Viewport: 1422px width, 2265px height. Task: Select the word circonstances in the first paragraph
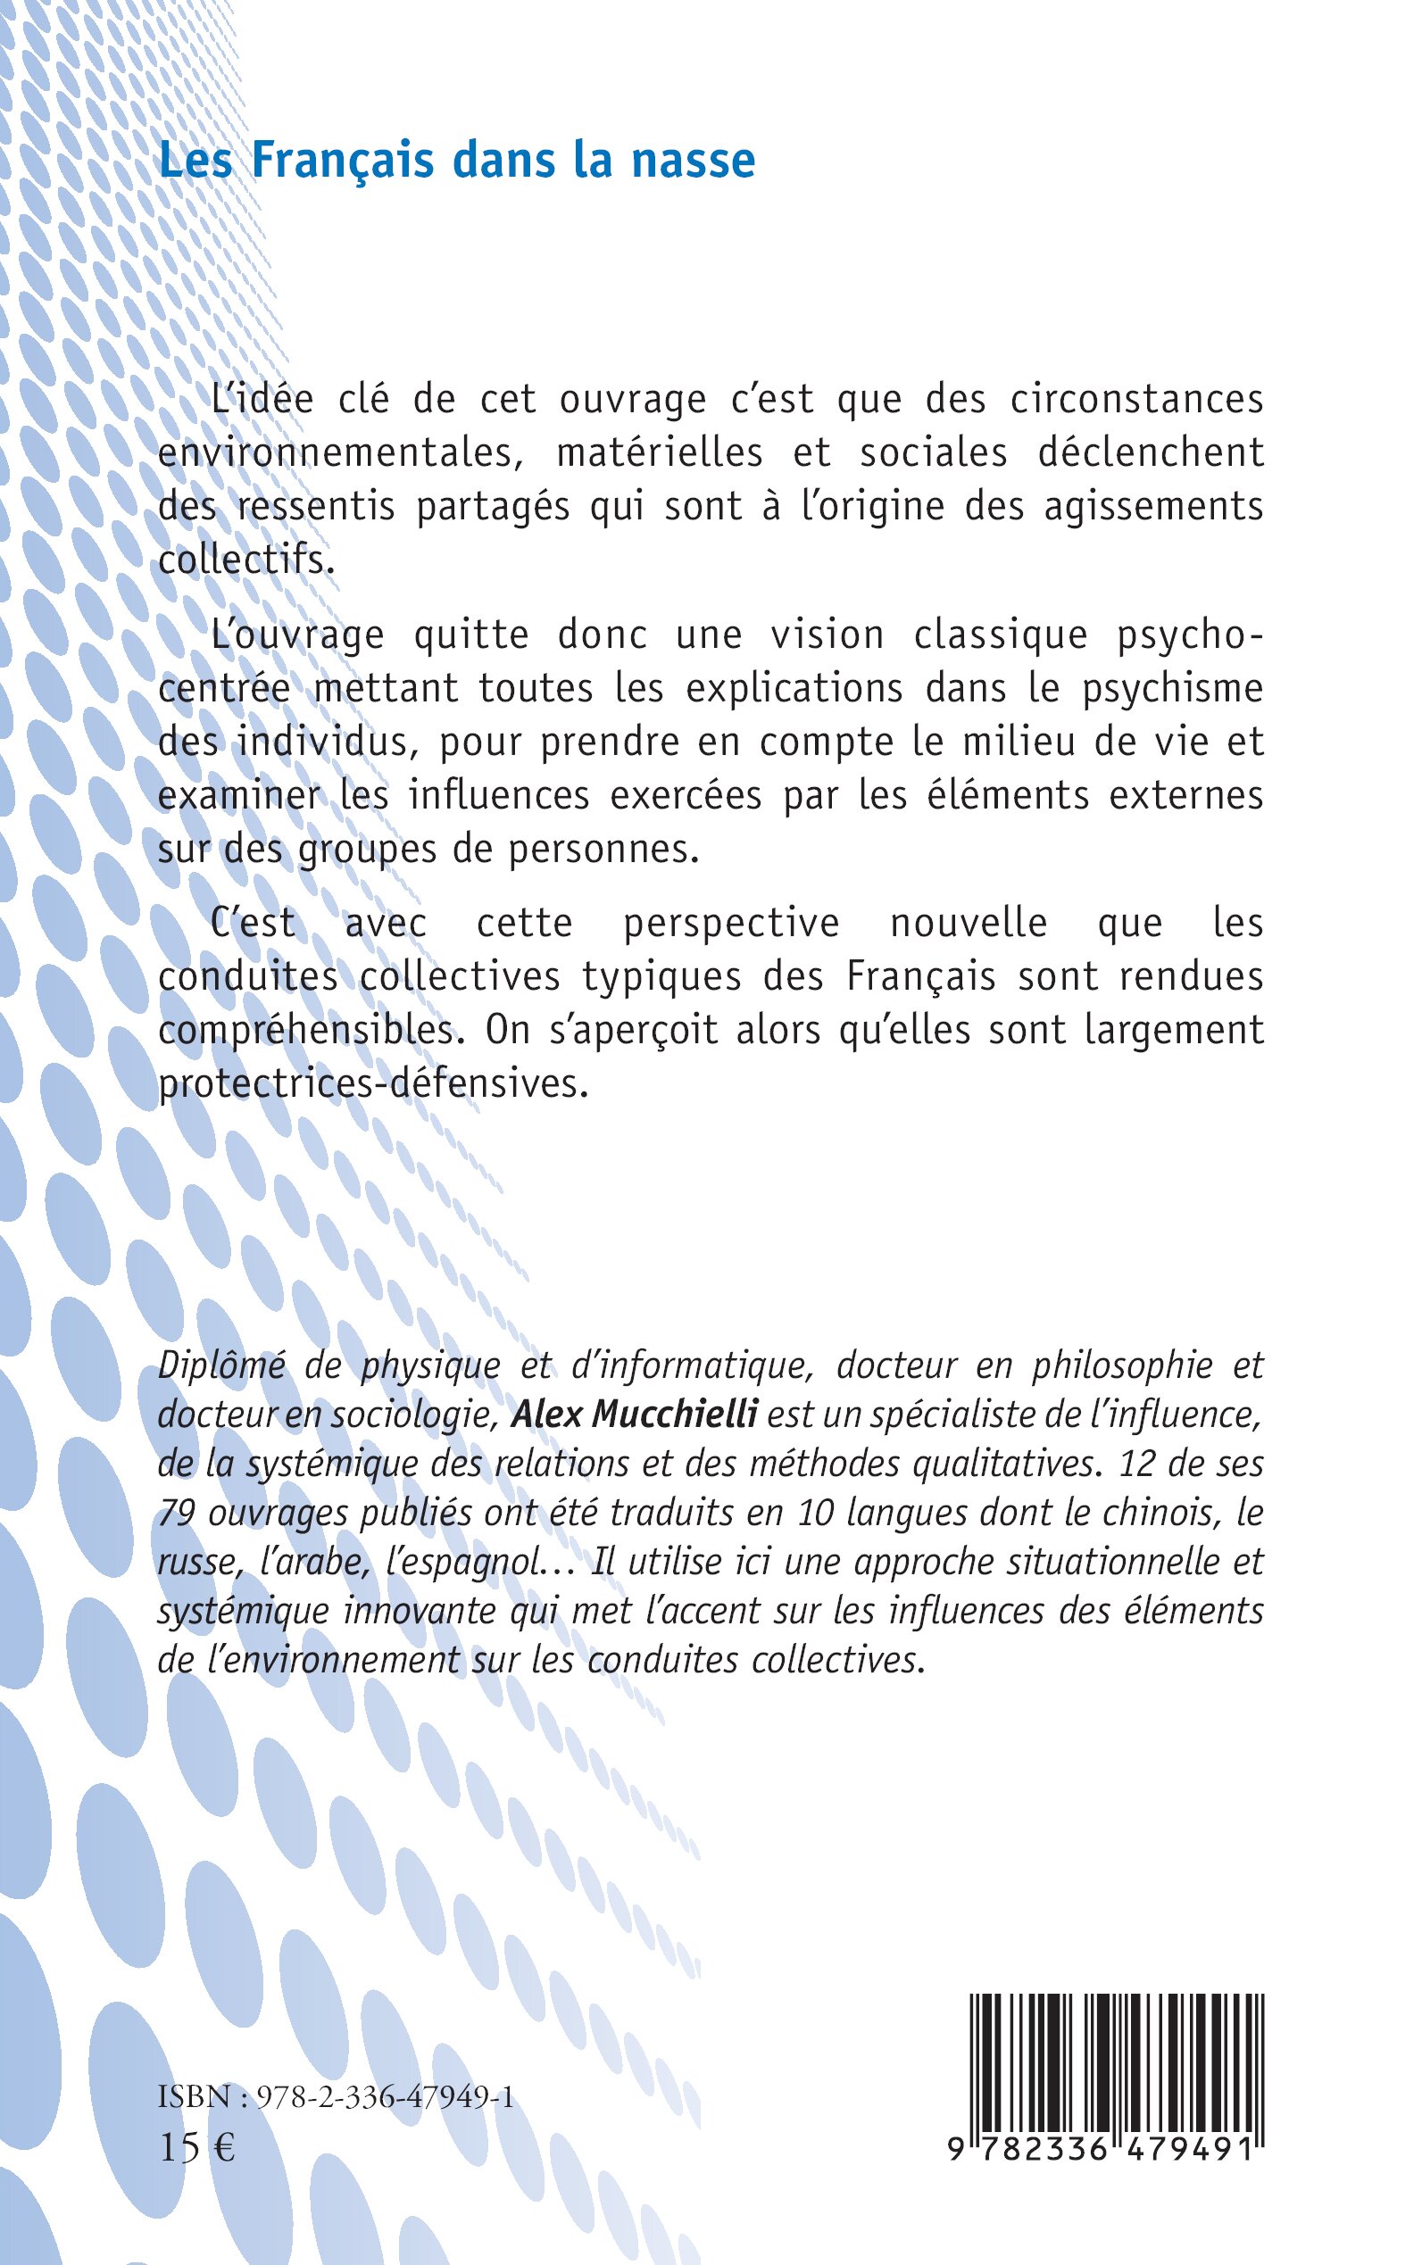coord(1136,400)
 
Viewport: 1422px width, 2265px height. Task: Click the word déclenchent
coord(1151,453)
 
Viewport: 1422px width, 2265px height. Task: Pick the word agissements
coord(1153,507)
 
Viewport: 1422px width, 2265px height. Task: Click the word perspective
coord(731,924)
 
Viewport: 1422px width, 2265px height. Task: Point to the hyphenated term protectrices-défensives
coord(373,1084)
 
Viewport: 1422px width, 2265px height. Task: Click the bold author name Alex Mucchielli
coord(634,1415)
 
